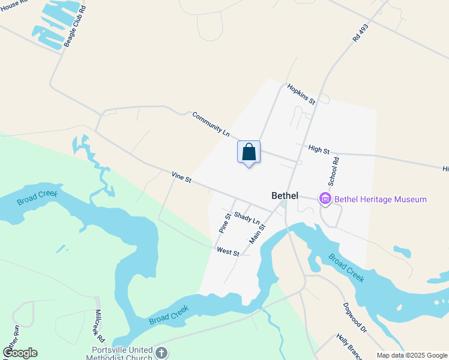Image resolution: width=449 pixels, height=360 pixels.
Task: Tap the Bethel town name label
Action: [285, 195]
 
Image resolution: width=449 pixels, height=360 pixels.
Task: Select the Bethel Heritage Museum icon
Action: [325, 199]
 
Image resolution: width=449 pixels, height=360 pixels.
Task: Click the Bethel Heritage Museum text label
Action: [380, 199]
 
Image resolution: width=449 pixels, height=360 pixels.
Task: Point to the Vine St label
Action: [181, 178]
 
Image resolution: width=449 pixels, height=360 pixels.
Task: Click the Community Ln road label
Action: [211, 124]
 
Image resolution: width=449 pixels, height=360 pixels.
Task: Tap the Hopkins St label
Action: [301, 94]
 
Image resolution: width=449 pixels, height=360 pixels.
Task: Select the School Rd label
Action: [334, 170]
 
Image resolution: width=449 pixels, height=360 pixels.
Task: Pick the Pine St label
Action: [225, 223]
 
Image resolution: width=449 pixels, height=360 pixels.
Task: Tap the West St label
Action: [228, 252]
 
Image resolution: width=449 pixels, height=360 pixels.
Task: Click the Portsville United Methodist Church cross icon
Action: [161, 352]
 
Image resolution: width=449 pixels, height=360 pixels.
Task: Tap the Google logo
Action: [20, 353]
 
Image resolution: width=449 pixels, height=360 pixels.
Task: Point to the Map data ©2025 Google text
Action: [411, 355]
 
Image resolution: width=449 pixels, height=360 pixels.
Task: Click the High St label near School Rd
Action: [319, 149]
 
